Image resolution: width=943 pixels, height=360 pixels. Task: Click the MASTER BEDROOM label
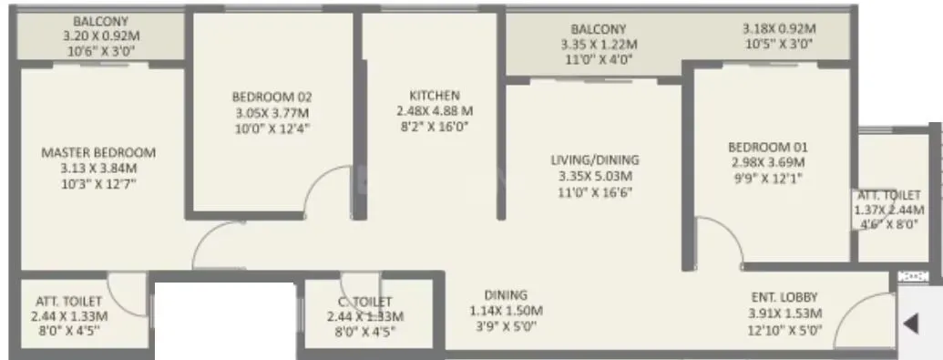(x=98, y=152)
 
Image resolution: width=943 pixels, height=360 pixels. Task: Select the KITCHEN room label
(x=435, y=95)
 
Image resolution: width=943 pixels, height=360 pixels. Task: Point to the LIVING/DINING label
(x=595, y=159)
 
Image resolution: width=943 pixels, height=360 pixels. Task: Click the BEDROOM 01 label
(x=767, y=146)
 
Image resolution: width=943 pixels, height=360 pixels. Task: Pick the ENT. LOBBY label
(x=784, y=297)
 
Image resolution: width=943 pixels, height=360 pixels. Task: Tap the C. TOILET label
(x=364, y=301)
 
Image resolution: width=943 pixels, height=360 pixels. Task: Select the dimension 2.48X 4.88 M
(x=435, y=111)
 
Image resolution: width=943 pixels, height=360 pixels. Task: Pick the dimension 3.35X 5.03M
(x=595, y=176)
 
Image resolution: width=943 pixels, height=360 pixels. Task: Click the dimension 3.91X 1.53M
(x=784, y=314)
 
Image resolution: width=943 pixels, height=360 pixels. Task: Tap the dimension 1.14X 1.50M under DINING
(x=506, y=312)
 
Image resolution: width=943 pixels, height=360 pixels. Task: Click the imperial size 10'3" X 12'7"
(x=98, y=185)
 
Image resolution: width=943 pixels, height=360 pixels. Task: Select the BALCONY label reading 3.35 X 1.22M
(x=599, y=28)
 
